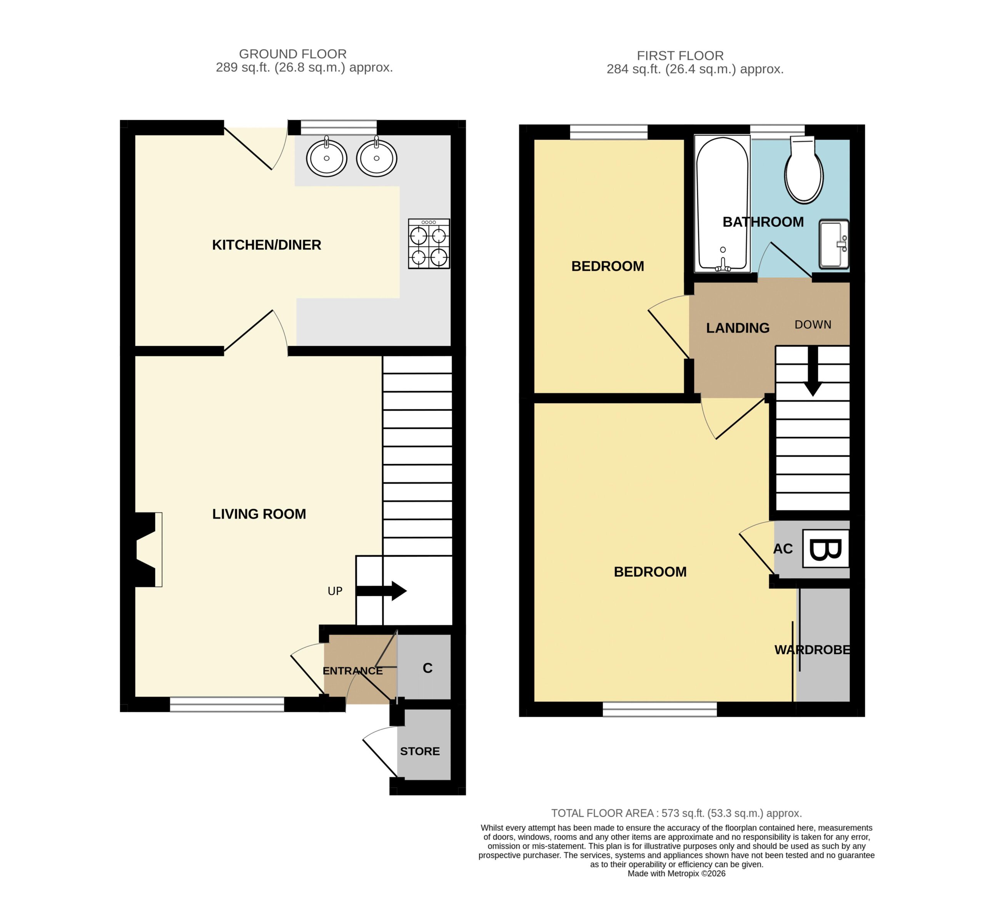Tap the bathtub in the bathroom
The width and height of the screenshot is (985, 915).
tap(722, 203)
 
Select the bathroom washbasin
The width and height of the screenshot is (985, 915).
tap(833, 244)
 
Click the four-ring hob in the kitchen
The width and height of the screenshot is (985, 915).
tap(429, 243)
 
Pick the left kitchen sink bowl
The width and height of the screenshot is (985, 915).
tap(326, 157)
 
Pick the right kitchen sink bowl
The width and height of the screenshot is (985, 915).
tap(376, 157)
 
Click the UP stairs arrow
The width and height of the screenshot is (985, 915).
tap(381, 591)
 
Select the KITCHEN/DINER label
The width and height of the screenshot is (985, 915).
tap(266, 245)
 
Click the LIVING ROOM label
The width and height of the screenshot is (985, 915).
tap(259, 514)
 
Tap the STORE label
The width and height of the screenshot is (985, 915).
tap(420, 751)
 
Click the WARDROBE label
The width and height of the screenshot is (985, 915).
tap(813, 650)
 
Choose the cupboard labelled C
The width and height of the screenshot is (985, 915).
tap(424, 667)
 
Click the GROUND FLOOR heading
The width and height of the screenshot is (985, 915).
tap(293, 54)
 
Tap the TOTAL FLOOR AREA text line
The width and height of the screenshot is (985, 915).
tap(676, 813)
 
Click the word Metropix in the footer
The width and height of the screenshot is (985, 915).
tap(683, 873)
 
